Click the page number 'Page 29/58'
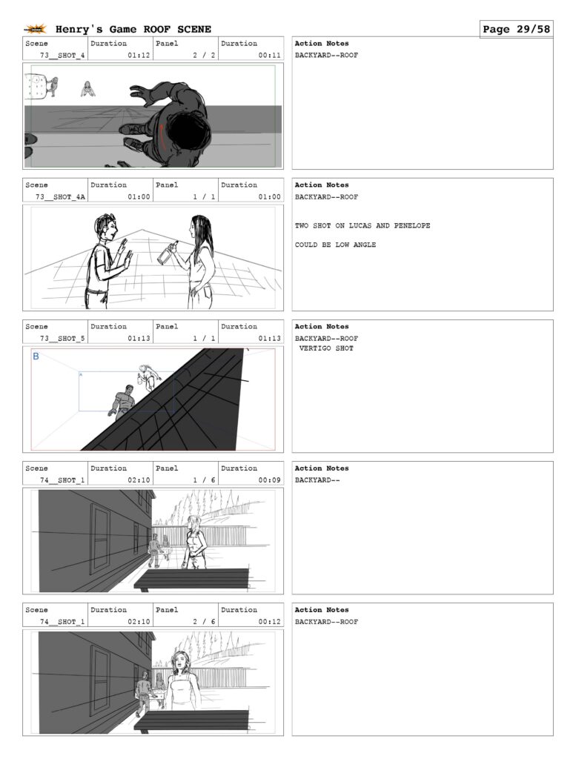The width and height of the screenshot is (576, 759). [516, 29]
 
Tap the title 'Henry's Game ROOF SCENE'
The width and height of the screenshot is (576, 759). [133, 29]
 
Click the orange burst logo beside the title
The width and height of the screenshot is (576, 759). [36, 29]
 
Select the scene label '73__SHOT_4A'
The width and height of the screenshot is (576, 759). [61, 197]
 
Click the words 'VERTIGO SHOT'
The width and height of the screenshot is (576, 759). [326, 348]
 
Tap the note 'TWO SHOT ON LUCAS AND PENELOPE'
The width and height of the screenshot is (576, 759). [363, 225]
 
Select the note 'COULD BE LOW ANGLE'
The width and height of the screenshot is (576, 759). [335, 245]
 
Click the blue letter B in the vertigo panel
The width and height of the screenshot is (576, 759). [36, 357]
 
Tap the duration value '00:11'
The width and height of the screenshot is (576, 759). [270, 55]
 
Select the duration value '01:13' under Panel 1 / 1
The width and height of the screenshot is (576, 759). [270, 338]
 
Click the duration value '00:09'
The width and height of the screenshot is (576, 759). [270, 480]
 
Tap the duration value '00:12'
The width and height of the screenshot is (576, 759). [270, 622]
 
